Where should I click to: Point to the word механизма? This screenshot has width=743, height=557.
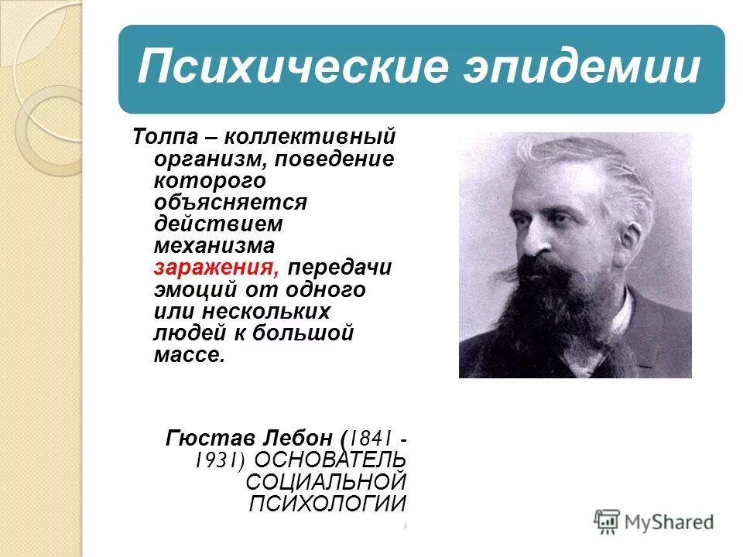click(214, 247)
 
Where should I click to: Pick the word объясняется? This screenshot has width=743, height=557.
click(230, 203)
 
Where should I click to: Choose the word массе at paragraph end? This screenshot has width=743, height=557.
click(189, 355)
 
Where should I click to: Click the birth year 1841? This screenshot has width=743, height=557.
click(368, 438)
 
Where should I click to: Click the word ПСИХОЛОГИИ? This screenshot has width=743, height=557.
click(327, 504)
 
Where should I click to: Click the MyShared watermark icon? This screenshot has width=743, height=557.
click(608, 521)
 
